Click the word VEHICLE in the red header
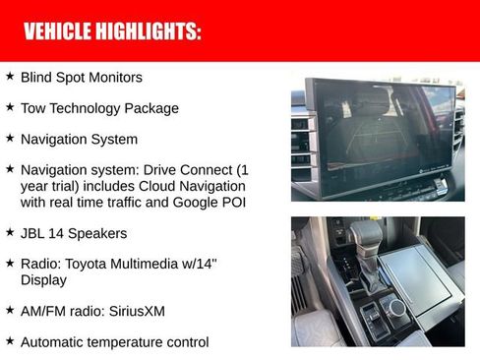click(57, 31)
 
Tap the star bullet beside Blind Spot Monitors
click(10, 76)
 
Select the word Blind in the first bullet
click(35, 77)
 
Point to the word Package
click(153, 108)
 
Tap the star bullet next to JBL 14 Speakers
click(10, 233)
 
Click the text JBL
click(33, 234)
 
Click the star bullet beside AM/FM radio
click(10, 310)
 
